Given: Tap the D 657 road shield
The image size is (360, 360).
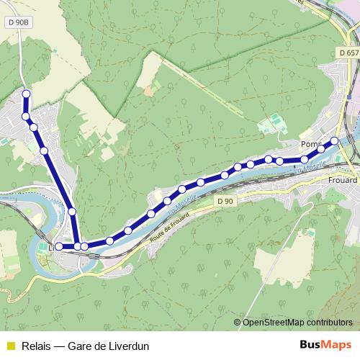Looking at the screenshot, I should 347,53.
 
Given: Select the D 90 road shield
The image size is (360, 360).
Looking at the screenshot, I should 225,202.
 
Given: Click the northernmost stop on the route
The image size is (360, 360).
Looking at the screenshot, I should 27,94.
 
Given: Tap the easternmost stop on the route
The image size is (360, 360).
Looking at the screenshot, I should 335,140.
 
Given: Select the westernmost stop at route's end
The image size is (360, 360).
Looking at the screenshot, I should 59,247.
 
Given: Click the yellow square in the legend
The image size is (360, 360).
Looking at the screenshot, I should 9,346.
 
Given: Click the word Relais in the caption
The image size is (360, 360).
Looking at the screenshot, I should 35,346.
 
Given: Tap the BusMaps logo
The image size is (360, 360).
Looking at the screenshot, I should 325,346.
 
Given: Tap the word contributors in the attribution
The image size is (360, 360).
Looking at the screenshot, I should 328,322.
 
